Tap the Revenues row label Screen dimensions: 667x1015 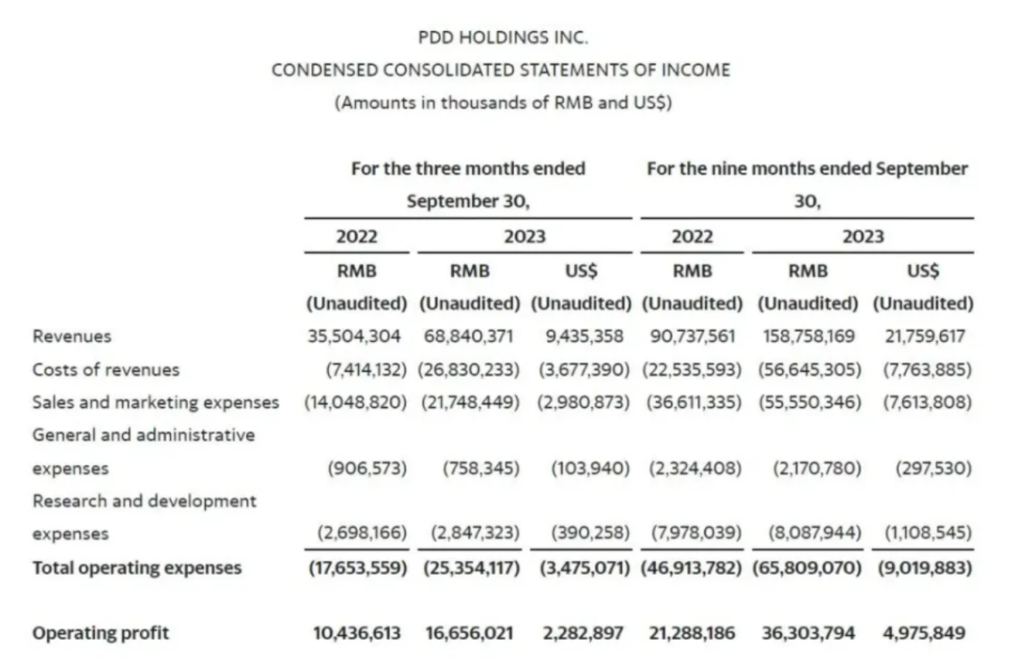click(71, 336)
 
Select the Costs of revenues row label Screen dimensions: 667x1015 click(105, 369)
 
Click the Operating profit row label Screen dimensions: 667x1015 click(101, 633)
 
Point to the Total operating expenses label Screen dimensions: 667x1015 click(137, 567)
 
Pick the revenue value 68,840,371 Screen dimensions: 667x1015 click(469, 336)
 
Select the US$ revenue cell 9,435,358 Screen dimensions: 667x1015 click(583, 336)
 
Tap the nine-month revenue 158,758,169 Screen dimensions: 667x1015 click(807, 336)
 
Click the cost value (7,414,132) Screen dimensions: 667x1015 click(357, 369)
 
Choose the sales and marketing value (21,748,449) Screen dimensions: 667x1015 click(469, 402)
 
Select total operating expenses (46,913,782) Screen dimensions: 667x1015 click(694, 567)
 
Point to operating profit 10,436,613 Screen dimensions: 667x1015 click(357, 633)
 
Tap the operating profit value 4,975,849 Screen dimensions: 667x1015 click(924, 633)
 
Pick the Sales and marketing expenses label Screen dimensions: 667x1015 click(155, 402)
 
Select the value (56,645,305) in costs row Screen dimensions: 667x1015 click(807, 369)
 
